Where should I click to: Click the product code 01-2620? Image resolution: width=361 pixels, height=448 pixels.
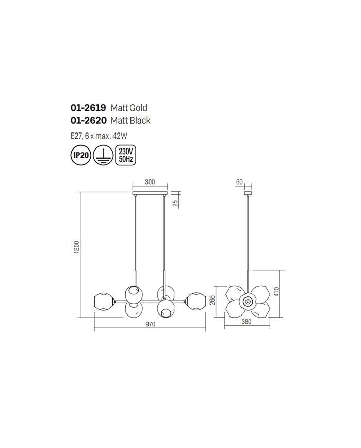[x=88, y=121]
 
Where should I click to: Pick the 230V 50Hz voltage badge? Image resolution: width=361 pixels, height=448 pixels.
[x=126, y=155]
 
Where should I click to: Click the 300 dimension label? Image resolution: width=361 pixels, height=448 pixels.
[x=150, y=182]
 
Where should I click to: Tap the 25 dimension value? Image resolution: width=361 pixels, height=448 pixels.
[x=176, y=203]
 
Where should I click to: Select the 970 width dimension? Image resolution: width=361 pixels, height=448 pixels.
[x=150, y=324]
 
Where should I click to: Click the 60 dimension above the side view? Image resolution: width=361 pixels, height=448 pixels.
[x=239, y=182]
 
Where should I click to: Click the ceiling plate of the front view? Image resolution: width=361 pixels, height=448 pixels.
[x=150, y=194]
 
